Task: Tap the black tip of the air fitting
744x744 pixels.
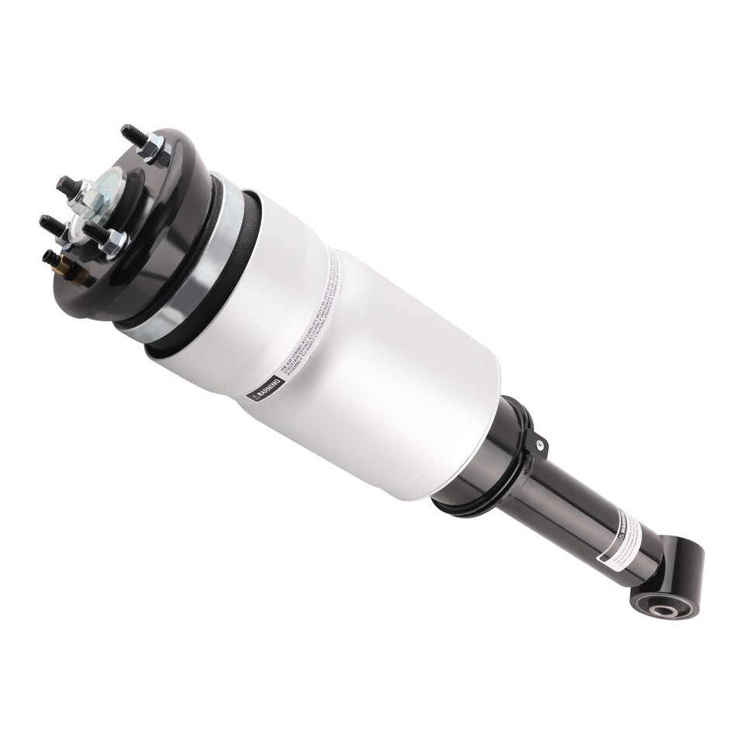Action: point(50,255)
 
